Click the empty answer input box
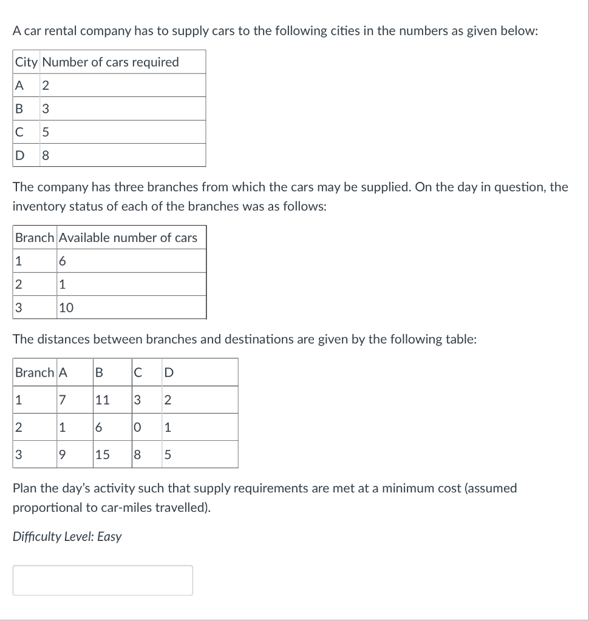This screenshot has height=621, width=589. click(103, 580)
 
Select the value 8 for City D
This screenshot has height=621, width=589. click(46, 155)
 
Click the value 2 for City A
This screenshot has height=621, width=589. click(46, 86)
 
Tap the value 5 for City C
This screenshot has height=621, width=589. click(46, 132)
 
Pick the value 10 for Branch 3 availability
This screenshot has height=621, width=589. click(66, 307)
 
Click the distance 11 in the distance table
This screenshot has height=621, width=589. click(102, 400)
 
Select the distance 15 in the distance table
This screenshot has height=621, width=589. click(102, 454)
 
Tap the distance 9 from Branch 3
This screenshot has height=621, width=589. click(63, 454)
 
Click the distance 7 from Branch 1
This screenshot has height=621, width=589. click(63, 400)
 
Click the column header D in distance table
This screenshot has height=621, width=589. click(168, 372)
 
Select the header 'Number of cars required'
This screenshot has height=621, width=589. click(111, 62)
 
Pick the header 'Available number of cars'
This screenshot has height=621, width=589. click(128, 238)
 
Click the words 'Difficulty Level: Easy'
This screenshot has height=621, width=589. click(67, 537)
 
